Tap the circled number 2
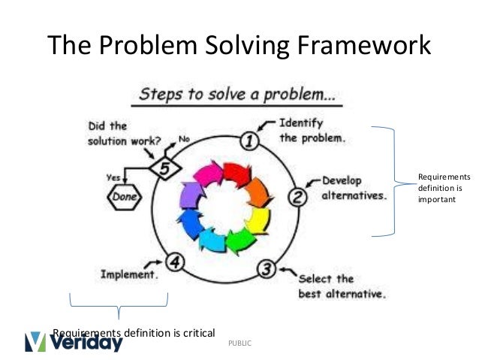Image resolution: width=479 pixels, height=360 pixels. coord(297,197)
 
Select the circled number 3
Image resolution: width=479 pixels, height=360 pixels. coord(265,268)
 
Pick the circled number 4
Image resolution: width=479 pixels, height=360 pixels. coord(175,262)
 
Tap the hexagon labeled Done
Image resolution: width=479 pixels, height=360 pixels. coord(122,198)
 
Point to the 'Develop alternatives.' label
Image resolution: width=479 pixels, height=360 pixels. coord(354,188)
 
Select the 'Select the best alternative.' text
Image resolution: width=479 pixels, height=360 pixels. coord(342,286)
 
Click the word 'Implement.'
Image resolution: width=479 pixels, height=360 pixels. coord(129,275)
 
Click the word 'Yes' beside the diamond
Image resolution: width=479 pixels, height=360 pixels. coord(114,178)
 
